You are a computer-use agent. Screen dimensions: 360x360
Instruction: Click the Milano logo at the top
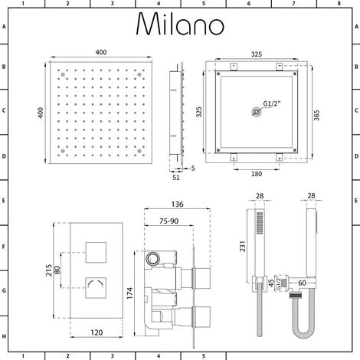click(x=180, y=24)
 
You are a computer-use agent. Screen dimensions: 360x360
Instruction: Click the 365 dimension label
click(x=316, y=116)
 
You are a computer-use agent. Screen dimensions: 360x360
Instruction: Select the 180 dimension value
click(x=257, y=174)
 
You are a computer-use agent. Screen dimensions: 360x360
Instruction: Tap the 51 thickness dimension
click(x=176, y=178)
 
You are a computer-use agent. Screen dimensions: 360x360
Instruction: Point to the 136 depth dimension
click(x=178, y=205)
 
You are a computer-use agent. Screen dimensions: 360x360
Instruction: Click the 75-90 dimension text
click(x=169, y=221)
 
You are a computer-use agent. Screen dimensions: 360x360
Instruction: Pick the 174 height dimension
click(x=130, y=293)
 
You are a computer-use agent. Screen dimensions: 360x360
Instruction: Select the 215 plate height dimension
click(x=49, y=270)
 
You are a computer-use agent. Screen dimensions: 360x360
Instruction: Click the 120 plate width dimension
click(x=97, y=332)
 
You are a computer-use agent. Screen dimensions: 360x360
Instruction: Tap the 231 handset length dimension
click(x=242, y=246)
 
